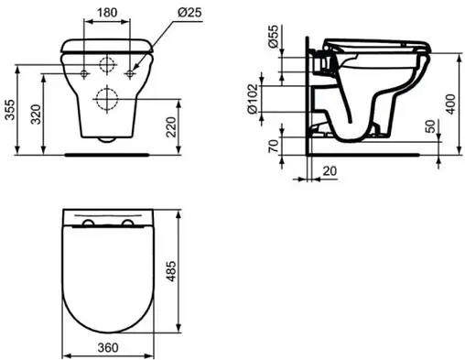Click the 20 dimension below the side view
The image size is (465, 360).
click(x=329, y=170)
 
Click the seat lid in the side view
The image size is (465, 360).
click(x=375, y=42)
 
